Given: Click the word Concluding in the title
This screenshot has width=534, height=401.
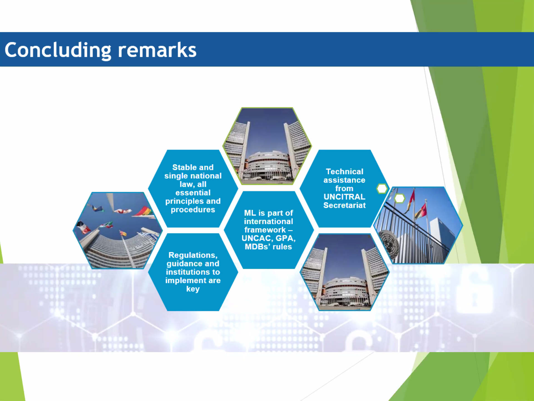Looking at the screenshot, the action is click(58, 50).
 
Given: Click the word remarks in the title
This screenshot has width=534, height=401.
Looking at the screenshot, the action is click(157, 50).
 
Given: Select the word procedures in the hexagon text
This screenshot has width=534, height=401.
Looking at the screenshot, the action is click(193, 210).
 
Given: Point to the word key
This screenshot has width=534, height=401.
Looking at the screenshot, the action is click(193, 289).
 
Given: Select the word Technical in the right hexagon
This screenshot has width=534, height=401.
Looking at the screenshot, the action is click(345, 172).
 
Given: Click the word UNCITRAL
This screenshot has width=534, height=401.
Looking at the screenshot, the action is click(345, 197).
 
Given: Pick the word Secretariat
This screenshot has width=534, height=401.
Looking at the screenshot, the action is click(345, 206).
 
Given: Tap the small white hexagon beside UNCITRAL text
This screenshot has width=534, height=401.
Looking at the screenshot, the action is click(382, 189).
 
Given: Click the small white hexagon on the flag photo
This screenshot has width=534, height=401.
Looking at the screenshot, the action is click(400, 198).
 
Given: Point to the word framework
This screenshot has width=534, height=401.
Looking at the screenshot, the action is click(265, 230).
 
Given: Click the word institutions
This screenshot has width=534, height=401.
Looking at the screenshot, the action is click(193, 272).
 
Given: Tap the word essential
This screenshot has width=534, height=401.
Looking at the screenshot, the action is click(193, 193).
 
